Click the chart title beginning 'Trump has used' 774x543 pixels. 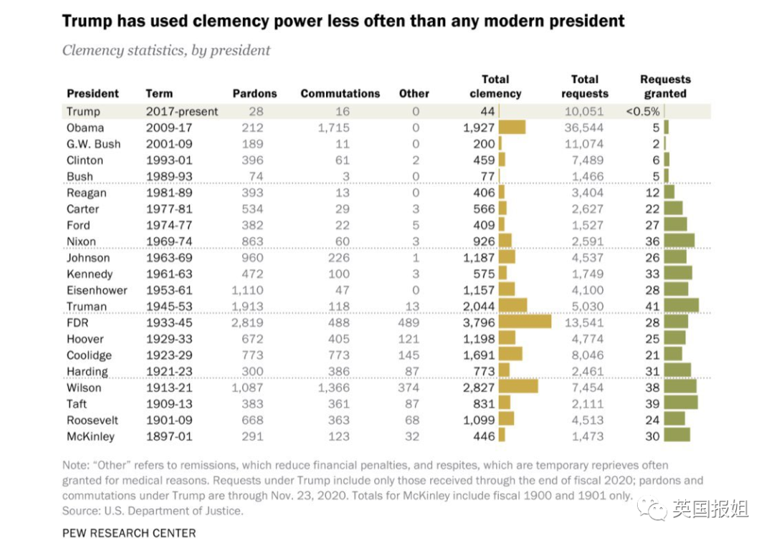pos(343,21)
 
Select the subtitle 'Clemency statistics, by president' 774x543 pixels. pos(166,50)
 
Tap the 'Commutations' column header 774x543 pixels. pos(340,94)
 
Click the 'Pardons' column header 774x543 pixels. pos(254,94)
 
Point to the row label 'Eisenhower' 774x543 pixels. pos(97,290)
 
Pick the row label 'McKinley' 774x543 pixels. pos(90,436)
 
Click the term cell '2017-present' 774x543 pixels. pos(181,112)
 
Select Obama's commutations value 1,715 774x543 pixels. pos(334,128)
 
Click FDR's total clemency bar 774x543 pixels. pos(525,322)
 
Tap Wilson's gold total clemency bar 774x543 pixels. pos(518,387)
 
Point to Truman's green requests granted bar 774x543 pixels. pos(682,305)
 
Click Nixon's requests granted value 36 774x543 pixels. pos(652,241)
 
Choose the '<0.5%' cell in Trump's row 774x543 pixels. pos(643,112)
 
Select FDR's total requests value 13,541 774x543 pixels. pos(584,323)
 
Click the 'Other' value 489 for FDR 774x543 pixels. pos(408,323)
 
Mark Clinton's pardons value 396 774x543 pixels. pos(252,160)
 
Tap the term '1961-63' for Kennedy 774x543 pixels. pos(169,274)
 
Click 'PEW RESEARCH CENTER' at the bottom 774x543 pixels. pos(129,533)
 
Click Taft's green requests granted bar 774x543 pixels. pos(681,403)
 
